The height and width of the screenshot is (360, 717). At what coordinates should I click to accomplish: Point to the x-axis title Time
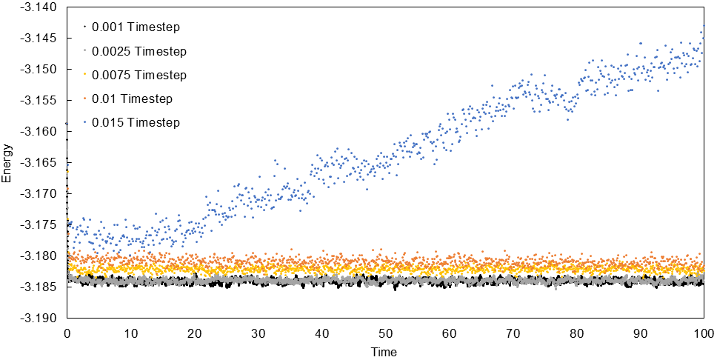click(384, 352)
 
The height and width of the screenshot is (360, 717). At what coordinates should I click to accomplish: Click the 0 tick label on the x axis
click(67, 333)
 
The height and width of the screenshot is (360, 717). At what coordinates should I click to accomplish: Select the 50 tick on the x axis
click(385, 333)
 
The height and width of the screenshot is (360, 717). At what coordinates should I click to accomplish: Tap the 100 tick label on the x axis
click(703, 333)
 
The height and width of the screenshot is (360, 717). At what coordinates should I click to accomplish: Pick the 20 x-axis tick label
click(194, 333)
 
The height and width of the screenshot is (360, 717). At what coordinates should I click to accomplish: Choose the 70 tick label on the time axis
click(513, 333)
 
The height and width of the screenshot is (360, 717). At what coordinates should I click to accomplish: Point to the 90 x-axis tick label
click(640, 333)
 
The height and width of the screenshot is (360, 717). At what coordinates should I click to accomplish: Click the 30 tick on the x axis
click(258, 333)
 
